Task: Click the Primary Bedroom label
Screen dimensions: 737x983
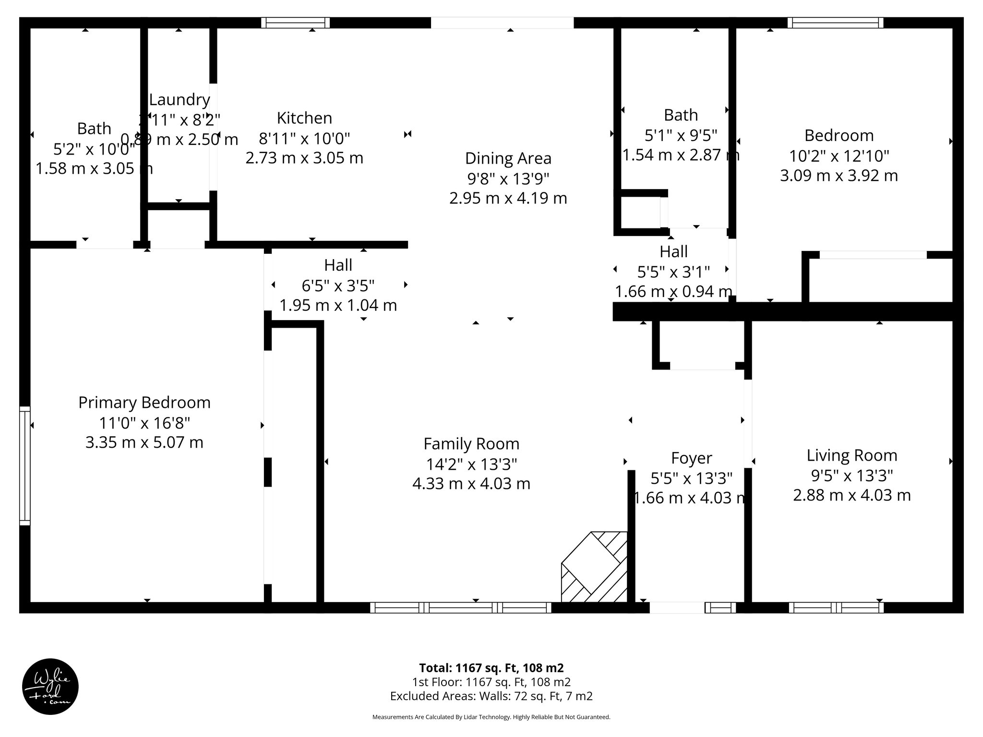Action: coord(144,403)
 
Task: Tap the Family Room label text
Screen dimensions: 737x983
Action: coord(471,444)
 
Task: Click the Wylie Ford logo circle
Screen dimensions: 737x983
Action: coord(50,687)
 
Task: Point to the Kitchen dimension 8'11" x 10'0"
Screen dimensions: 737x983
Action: coord(304,138)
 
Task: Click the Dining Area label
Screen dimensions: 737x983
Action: coord(508,158)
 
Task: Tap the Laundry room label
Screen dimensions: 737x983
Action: coord(180,100)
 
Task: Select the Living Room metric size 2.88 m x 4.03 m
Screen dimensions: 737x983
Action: coord(851,495)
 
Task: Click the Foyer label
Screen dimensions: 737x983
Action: coord(691,458)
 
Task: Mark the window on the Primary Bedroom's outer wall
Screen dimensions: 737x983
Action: coord(24,465)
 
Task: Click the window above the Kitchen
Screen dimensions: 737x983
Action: coord(296,23)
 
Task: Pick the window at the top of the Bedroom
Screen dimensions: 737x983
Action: coord(835,23)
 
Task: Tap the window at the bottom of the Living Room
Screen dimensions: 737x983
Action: coord(836,607)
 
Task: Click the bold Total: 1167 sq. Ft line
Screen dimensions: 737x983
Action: coord(491,668)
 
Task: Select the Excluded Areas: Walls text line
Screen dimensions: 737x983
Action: coord(491,696)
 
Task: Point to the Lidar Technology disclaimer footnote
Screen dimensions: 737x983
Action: coord(491,717)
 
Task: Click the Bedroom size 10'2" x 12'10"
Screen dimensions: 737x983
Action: coord(839,155)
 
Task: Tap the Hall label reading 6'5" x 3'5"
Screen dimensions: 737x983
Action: coord(338,285)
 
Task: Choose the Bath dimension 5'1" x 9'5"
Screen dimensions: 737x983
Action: coord(681,136)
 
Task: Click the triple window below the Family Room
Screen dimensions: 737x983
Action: coord(461,607)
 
